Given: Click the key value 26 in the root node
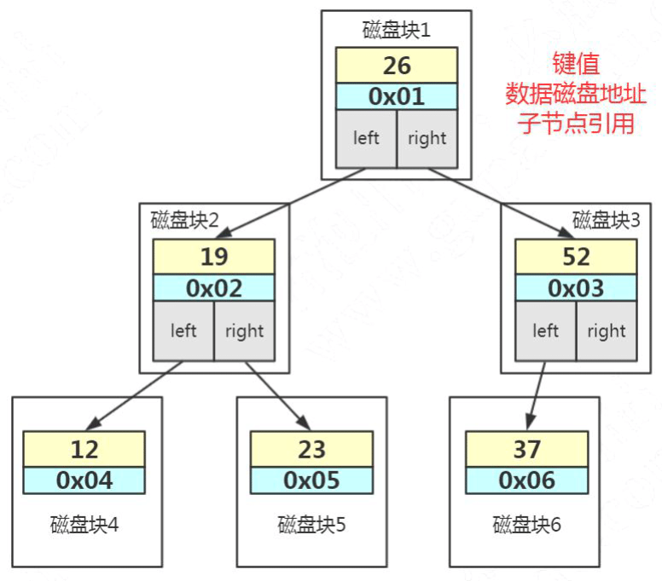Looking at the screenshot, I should point(397,66).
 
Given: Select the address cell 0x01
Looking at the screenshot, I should point(397,96).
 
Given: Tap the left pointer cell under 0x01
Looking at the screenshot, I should point(366,138).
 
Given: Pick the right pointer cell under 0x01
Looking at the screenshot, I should point(427,138).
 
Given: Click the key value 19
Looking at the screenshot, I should point(214,256).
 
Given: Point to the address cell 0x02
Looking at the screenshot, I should point(214,288).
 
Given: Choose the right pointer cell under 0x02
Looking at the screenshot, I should point(244,331).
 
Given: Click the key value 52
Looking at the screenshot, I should point(576,256).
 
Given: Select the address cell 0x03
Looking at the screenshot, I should point(576,288).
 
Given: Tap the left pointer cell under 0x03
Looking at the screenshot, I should point(545,331).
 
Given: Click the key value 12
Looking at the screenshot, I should point(84,449).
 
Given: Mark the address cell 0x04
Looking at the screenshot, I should point(84,480).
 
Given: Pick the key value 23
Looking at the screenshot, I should point(311,449).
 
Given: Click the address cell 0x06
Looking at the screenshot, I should point(526,480).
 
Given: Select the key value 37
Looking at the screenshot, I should point(526,449).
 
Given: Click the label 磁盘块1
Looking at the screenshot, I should point(397,31).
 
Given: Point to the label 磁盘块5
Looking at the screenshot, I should point(311,524).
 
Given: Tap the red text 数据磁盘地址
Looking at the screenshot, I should point(576,92).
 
